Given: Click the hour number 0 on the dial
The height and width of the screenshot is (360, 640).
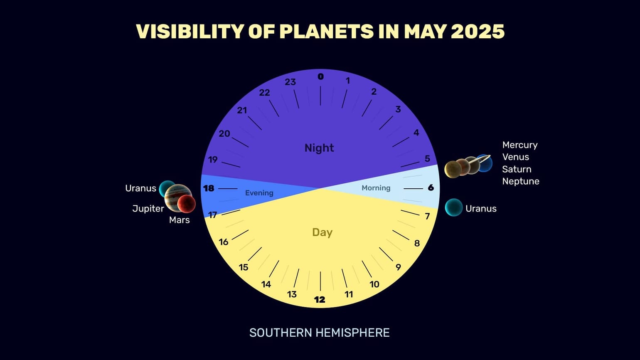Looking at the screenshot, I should pyautogui.click(x=320, y=76).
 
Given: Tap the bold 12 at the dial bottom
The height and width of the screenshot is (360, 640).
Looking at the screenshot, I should pyautogui.click(x=320, y=299).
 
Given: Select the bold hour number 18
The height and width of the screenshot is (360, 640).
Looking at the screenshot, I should pyautogui.click(x=209, y=188).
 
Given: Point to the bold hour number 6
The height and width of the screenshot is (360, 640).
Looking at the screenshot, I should pyautogui.click(x=431, y=188).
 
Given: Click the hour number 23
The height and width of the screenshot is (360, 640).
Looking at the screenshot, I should pyautogui.click(x=290, y=82).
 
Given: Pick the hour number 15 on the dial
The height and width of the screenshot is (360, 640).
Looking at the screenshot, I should pyautogui.click(x=244, y=267).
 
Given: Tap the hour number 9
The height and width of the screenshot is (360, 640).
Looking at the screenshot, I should pyautogui.click(x=398, y=267).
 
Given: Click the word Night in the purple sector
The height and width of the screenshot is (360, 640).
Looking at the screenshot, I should pyautogui.click(x=319, y=148).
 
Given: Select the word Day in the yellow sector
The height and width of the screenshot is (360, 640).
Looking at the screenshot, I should pyautogui.click(x=322, y=232).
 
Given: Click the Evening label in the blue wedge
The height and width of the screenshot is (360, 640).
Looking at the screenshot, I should pyautogui.click(x=259, y=193).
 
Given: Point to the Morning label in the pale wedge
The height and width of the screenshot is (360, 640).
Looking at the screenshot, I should pyautogui.click(x=376, y=188).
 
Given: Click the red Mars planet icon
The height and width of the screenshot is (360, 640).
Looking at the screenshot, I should pyautogui.click(x=187, y=204).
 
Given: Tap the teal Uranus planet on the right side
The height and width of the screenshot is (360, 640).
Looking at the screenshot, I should pyautogui.click(x=454, y=207).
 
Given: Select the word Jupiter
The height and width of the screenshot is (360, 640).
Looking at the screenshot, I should pyautogui.click(x=148, y=208).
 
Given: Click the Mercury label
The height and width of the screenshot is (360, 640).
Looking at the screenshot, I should pyautogui.click(x=520, y=145).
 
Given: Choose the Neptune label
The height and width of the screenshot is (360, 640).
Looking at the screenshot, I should pyautogui.click(x=521, y=181).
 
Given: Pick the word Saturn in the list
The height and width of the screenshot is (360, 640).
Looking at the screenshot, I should pyautogui.click(x=517, y=169).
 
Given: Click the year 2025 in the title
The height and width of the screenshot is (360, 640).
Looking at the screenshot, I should pyautogui.click(x=478, y=32).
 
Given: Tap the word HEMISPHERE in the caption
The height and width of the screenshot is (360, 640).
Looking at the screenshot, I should pyautogui.click(x=352, y=333).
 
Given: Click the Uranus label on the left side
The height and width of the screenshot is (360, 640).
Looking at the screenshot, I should pyautogui.click(x=140, y=188).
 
